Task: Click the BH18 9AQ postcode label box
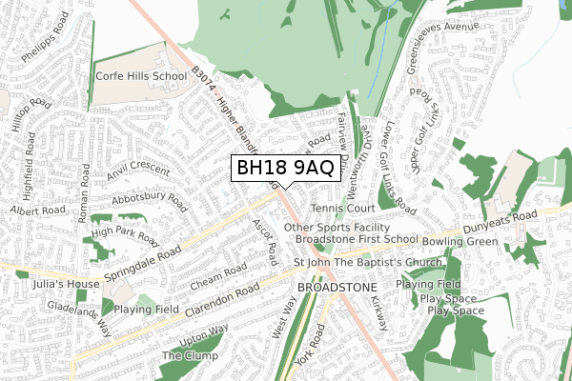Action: point(285,169)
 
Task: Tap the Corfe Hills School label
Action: point(141,75)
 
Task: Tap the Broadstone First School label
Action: point(357,241)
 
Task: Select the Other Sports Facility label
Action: point(337,228)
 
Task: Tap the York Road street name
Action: point(312,347)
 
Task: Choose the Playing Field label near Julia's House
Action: point(147,310)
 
